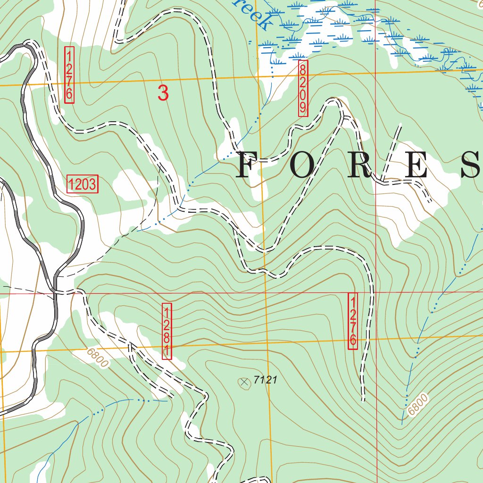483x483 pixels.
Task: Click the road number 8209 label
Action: coord(303,88)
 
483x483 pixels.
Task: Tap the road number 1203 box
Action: coord(83,184)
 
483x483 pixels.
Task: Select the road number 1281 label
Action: coord(167,331)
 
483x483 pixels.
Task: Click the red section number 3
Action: coord(163,93)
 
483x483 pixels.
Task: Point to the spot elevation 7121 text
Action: coord(265,380)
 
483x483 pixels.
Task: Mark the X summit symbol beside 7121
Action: coord(244,383)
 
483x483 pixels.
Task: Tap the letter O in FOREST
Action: coord(302,165)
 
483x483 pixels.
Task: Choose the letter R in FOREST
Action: coord(361,165)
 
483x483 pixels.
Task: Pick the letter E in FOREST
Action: coord(415,165)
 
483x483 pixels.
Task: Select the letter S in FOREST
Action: coord(472,165)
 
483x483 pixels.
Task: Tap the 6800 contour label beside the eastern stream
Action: coord(418,405)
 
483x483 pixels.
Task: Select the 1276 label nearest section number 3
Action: coord(69,75)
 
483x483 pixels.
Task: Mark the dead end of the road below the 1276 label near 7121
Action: coord(363,400)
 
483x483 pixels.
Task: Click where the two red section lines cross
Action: coord(376,293)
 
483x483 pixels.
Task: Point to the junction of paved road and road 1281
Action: coord(56,291)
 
